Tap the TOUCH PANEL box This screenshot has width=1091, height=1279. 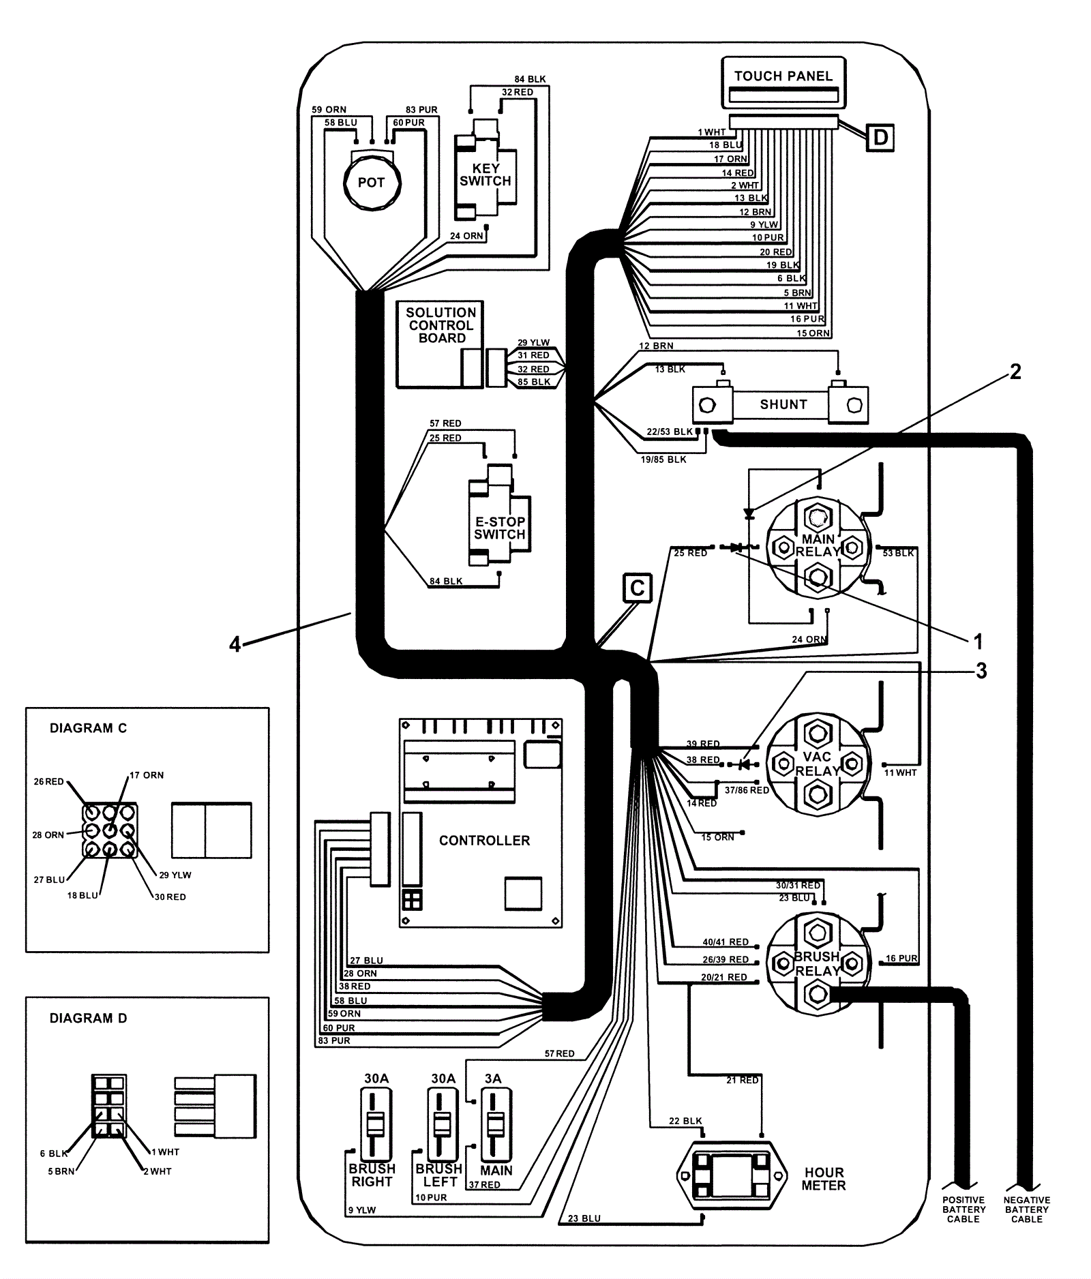(783, 82)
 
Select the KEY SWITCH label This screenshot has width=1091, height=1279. (485, 175)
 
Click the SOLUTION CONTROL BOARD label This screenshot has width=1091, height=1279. (441, 325)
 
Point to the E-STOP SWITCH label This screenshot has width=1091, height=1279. (500, 528)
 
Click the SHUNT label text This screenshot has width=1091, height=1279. (783, 404)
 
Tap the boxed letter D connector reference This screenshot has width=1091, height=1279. (880, 138)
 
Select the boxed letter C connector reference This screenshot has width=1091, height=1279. (638, 588)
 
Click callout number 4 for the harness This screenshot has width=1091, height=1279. (235, 644)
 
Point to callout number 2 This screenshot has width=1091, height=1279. (1015, 372)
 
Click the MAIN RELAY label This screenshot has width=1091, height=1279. (818, 545)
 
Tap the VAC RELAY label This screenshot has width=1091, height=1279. (818, 764)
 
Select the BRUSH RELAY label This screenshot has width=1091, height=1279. (818, 963)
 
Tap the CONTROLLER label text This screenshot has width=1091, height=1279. (484, 841)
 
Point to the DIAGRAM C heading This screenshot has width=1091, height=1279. (88, 728)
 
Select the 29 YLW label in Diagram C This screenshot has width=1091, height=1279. (175, 875)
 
